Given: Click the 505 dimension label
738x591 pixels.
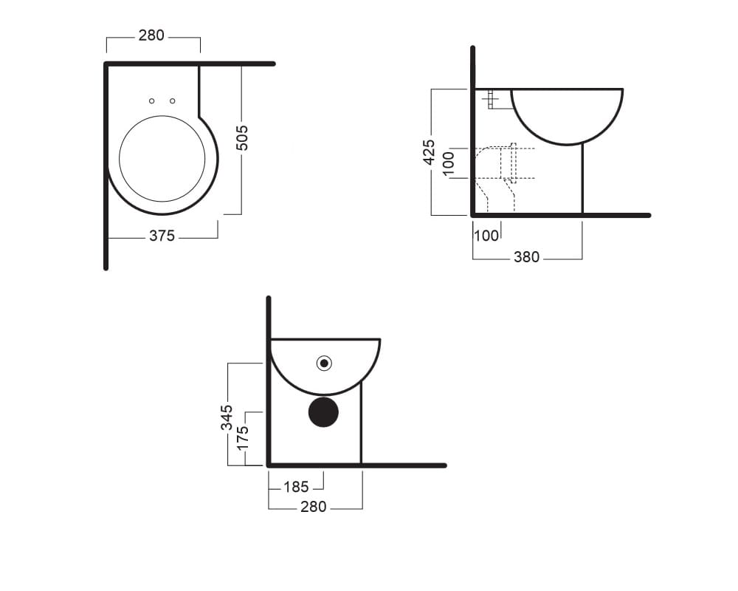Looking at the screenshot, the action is click(242, 138).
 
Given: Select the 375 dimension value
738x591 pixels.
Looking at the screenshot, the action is click(162, 236).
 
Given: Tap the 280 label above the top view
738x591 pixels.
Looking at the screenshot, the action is click(151, 35).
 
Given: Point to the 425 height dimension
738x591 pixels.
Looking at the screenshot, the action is click(429, 151).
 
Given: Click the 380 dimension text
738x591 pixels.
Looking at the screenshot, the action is click(527, 257).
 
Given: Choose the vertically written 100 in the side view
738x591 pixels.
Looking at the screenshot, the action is click(449, 163).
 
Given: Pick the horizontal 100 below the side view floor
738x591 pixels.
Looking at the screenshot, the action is click(486, 235).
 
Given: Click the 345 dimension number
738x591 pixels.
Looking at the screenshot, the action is click(227, 417).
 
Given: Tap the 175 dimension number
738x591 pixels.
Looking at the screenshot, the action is click(242, 438).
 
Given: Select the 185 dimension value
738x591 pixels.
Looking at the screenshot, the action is click(296, 487).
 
